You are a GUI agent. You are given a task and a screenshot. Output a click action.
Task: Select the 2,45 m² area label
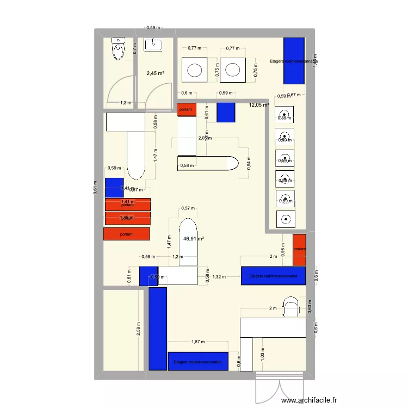point(156,73)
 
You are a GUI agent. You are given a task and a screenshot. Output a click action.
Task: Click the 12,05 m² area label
point(259,106)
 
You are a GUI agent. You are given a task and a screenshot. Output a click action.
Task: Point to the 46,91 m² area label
point(193,238)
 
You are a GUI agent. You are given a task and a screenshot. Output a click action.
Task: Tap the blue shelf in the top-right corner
point(294,60)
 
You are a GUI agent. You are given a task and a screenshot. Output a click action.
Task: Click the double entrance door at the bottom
point(279,389)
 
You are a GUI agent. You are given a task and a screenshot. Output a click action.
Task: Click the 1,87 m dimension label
point(198,342)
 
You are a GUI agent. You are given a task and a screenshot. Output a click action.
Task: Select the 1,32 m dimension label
point(219,277)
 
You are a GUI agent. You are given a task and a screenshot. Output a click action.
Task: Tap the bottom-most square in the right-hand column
point(286,219)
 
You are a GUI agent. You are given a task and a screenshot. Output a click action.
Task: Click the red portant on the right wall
point(299,250)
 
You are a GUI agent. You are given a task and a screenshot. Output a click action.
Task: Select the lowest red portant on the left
point(126,234)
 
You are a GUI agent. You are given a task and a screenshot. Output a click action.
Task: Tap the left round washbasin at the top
point(195,70)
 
